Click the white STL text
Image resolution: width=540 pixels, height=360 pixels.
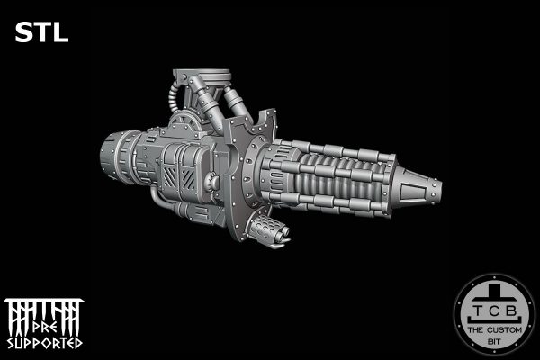[x=41, y=32]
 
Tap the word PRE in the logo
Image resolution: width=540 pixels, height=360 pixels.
[x=45, y=327]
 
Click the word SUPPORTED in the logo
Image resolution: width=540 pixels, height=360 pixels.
[x=44, y=343]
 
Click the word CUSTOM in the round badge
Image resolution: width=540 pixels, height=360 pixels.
[x=504, y=330]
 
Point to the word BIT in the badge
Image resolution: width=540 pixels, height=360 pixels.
[x=494, y=342]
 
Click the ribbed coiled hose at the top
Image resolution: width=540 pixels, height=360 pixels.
[x=173, y=98]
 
